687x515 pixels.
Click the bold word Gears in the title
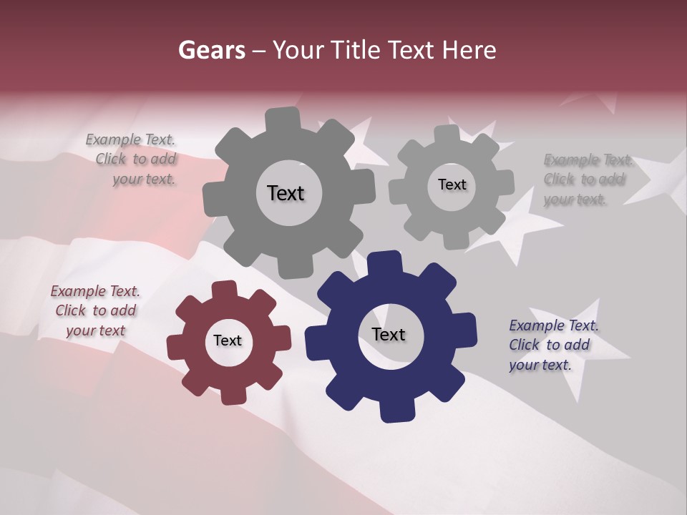click(210, 50)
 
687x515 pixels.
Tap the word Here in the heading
click(469, 50)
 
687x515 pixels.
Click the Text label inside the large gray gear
click(286, 193)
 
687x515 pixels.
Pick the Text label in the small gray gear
click(452, 185)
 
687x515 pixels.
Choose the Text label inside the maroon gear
click(228, 340)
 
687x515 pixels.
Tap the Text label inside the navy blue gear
click(389, 334)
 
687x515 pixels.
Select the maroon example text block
click(95, 311)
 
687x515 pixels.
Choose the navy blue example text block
click(553, 345)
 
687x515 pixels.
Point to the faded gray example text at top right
click(587, 180)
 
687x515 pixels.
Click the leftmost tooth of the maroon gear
click(176, 345)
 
